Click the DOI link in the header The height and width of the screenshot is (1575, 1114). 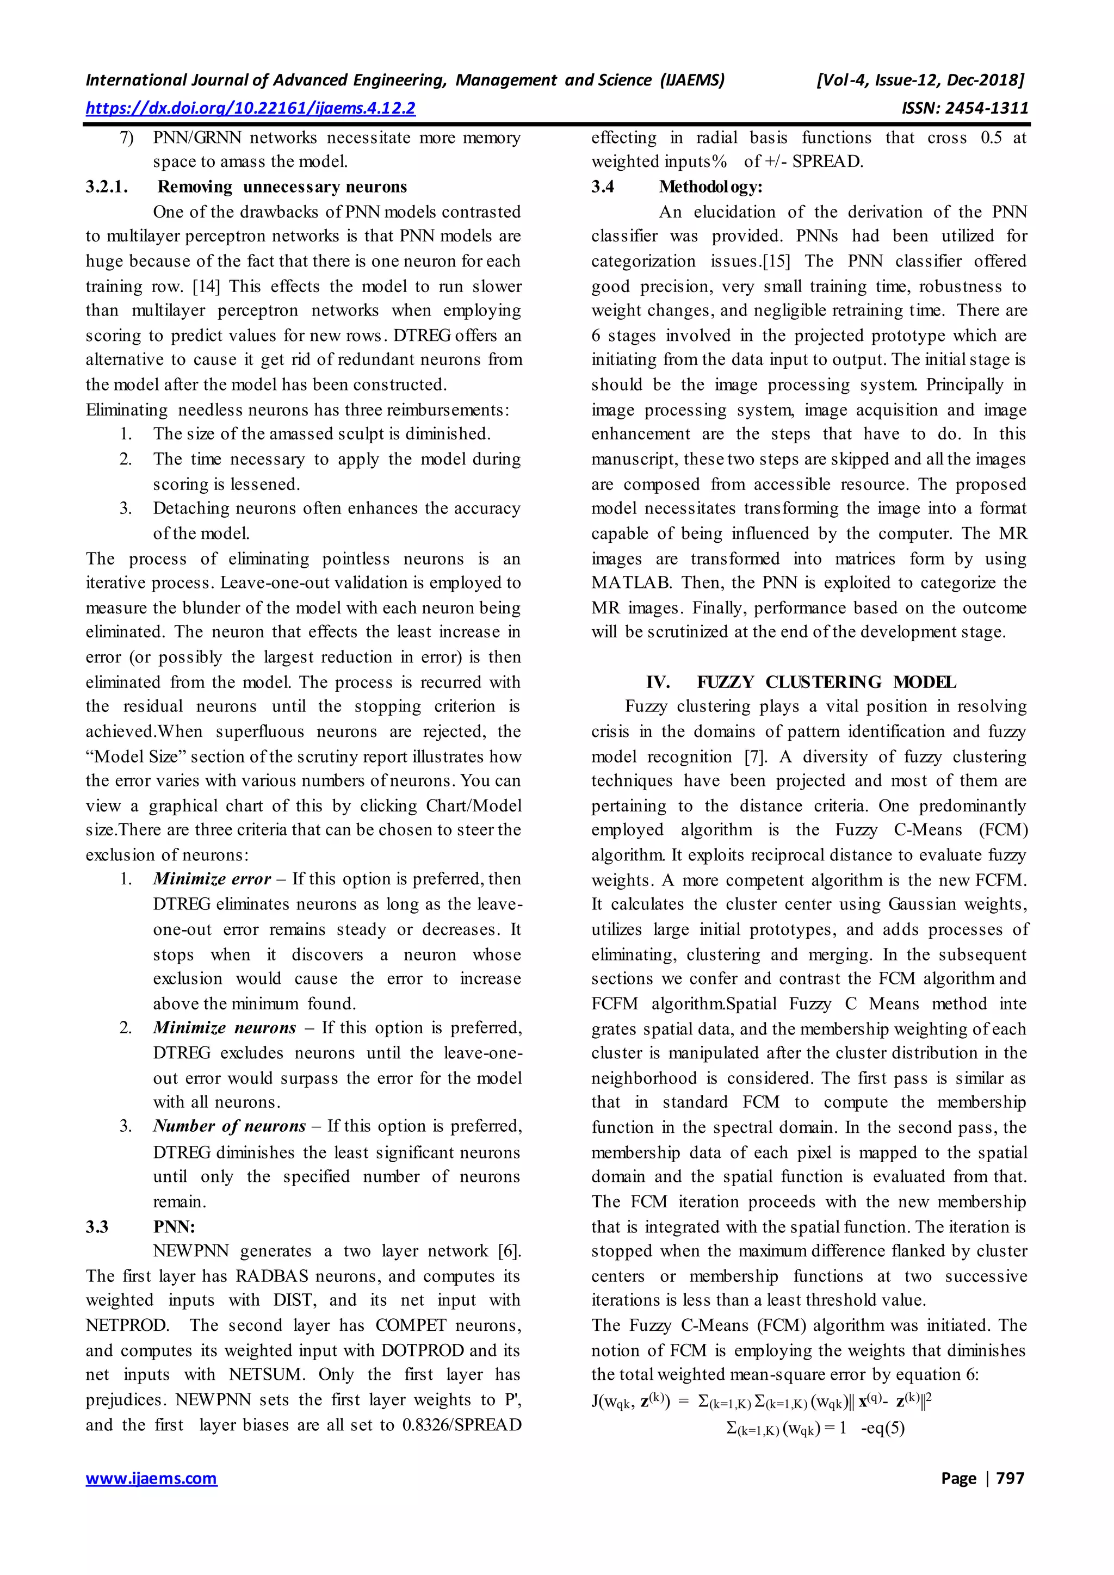[250, 108]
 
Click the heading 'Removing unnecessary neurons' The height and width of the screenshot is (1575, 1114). [282, 187]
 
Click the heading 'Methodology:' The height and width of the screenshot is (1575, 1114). [710, 187]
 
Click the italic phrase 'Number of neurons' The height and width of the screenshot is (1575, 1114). [229, 1126]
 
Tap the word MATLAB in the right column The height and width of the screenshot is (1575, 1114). [630, 583]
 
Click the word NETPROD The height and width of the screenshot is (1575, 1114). [126, 1325]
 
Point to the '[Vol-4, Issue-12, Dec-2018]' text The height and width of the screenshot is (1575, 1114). [919, 80]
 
